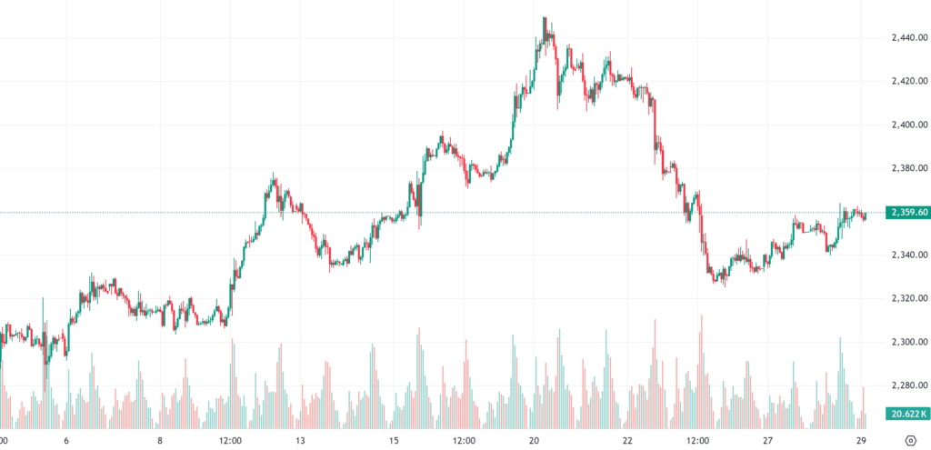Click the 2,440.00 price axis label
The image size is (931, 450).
908,37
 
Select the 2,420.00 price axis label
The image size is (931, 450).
908,81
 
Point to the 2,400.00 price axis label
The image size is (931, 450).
908,125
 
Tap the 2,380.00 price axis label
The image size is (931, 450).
908,168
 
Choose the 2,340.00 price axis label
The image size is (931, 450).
908,255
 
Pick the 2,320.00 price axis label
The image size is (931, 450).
908,299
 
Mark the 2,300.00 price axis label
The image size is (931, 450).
908,343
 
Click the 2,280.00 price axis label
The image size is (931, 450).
908,386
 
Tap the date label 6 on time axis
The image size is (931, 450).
66,441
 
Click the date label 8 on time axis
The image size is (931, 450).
160,441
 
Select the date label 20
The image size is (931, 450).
535,441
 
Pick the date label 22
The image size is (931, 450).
628,441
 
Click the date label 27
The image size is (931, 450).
768,441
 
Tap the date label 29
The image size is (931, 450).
862,441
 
